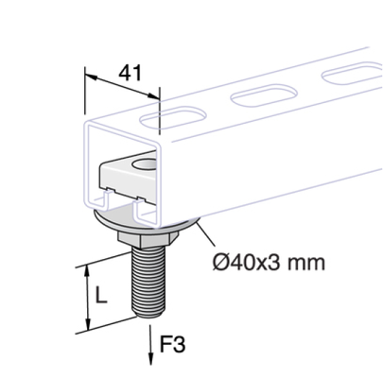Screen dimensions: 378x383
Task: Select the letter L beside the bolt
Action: click(x=100, y=295)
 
